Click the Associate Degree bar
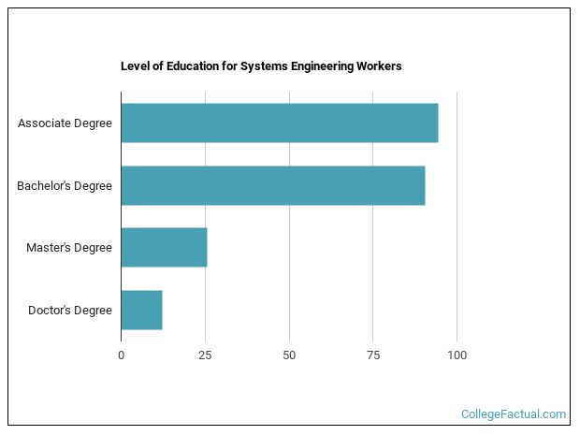click(x=279, y=123)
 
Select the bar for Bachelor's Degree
click(x=272, y=185)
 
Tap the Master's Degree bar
click(x=164, y=247)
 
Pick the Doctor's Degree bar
click(x=141, y=310)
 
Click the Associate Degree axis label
click(x=65, y=123)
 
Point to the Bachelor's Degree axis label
click(x=65, y=185)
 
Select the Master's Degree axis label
click(x=69, y=247)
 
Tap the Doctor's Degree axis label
click(x=70, y=310)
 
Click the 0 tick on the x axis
click(x=121, y=355)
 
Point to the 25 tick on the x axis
click(x=205, y=355)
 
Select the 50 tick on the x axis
click(x=289, y=355)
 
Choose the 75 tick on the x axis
click(x=372, y=355)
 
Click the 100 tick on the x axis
click(x=457, y=355)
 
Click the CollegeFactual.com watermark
click(x=514, y=413)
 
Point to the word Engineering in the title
click(x=318, y=66)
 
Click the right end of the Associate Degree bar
click(x=436, y=123)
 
